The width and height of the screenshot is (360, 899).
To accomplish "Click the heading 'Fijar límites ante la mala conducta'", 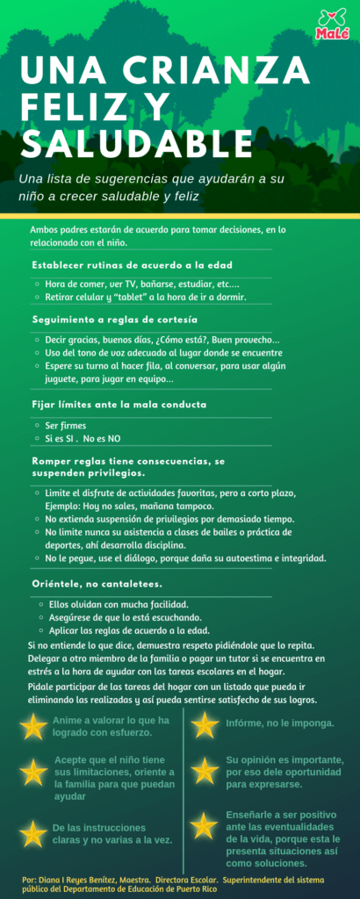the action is [119, 405].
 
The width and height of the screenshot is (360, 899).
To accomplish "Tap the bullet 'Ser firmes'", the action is [65, 426].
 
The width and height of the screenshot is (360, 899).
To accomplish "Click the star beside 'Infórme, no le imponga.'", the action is [205, 725].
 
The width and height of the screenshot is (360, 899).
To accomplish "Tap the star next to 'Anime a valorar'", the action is [32, 726].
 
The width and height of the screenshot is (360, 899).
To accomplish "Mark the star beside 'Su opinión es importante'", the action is [205, 770].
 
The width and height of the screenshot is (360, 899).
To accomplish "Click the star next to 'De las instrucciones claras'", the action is [32, 831].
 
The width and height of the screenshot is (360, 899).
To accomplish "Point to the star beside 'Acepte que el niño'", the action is [32, 771].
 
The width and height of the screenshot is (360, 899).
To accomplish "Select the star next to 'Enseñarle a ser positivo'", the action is [205, 825].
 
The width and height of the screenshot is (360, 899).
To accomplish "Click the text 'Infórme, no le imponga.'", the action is [279, 723].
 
